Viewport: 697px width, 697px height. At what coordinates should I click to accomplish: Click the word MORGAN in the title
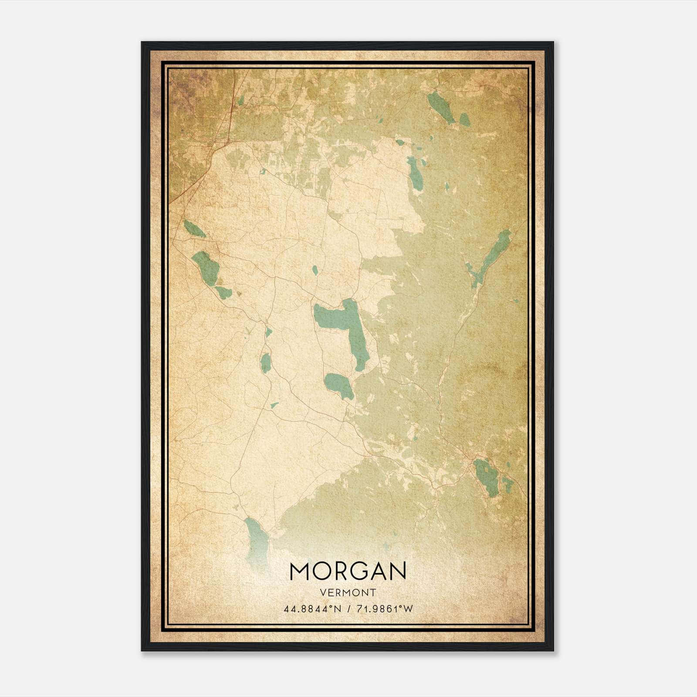tap(348, 571)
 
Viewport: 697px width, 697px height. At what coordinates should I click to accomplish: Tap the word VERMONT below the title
tap(348, 592)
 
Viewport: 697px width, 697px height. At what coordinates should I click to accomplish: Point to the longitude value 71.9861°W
tap(385, 609)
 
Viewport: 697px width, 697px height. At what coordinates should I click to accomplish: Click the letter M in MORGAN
tap(300, 571)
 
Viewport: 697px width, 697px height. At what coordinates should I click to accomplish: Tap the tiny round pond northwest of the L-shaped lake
tap(315, 270)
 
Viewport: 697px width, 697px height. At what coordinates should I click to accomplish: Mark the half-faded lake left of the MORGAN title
tap(256, 538)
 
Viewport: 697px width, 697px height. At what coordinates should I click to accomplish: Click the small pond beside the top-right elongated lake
tap(464, 119)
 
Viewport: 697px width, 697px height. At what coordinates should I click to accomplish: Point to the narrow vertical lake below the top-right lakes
tap(415, 173)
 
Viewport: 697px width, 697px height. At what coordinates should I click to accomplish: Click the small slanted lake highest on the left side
tap(194, 228)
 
